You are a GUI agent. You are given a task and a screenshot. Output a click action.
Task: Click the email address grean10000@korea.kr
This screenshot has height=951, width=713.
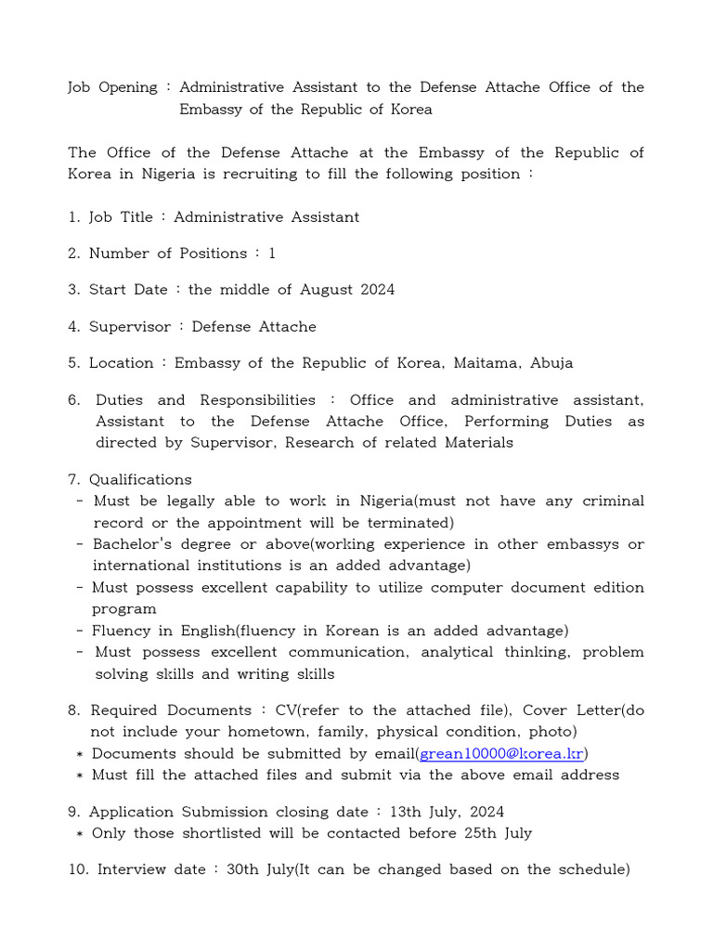[x=502, y=753]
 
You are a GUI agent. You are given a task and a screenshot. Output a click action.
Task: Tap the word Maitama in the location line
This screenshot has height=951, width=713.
[x=488, y=363]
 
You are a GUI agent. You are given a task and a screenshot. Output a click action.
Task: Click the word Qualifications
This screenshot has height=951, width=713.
[x=140, y=480]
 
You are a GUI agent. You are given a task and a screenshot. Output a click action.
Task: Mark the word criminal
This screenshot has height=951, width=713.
[x=613, y=502]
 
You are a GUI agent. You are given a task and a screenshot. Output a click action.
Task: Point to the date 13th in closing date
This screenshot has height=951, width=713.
[x=406, y=812]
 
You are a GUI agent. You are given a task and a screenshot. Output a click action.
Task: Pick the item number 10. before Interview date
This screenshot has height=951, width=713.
[x=78, y=870]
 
